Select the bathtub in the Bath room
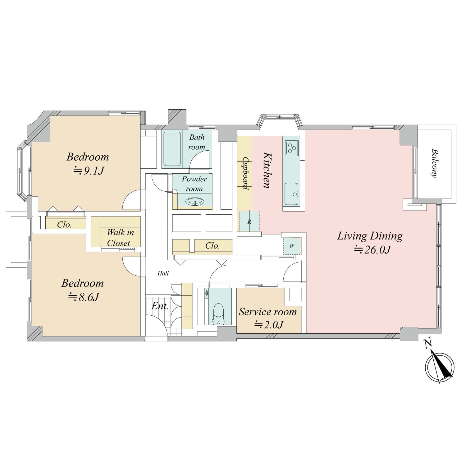(172, 149)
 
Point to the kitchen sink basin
(291, 194)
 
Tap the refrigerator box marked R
(249, 221)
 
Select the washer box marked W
(292, 246)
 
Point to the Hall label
(163, 273)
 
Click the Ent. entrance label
(160, 306)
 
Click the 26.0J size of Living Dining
(372, 250)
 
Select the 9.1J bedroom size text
(88, 171)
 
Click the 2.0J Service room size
(269, 325)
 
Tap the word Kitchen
(267, 170)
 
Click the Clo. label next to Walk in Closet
(64, 225)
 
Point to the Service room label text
(268, 312)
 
